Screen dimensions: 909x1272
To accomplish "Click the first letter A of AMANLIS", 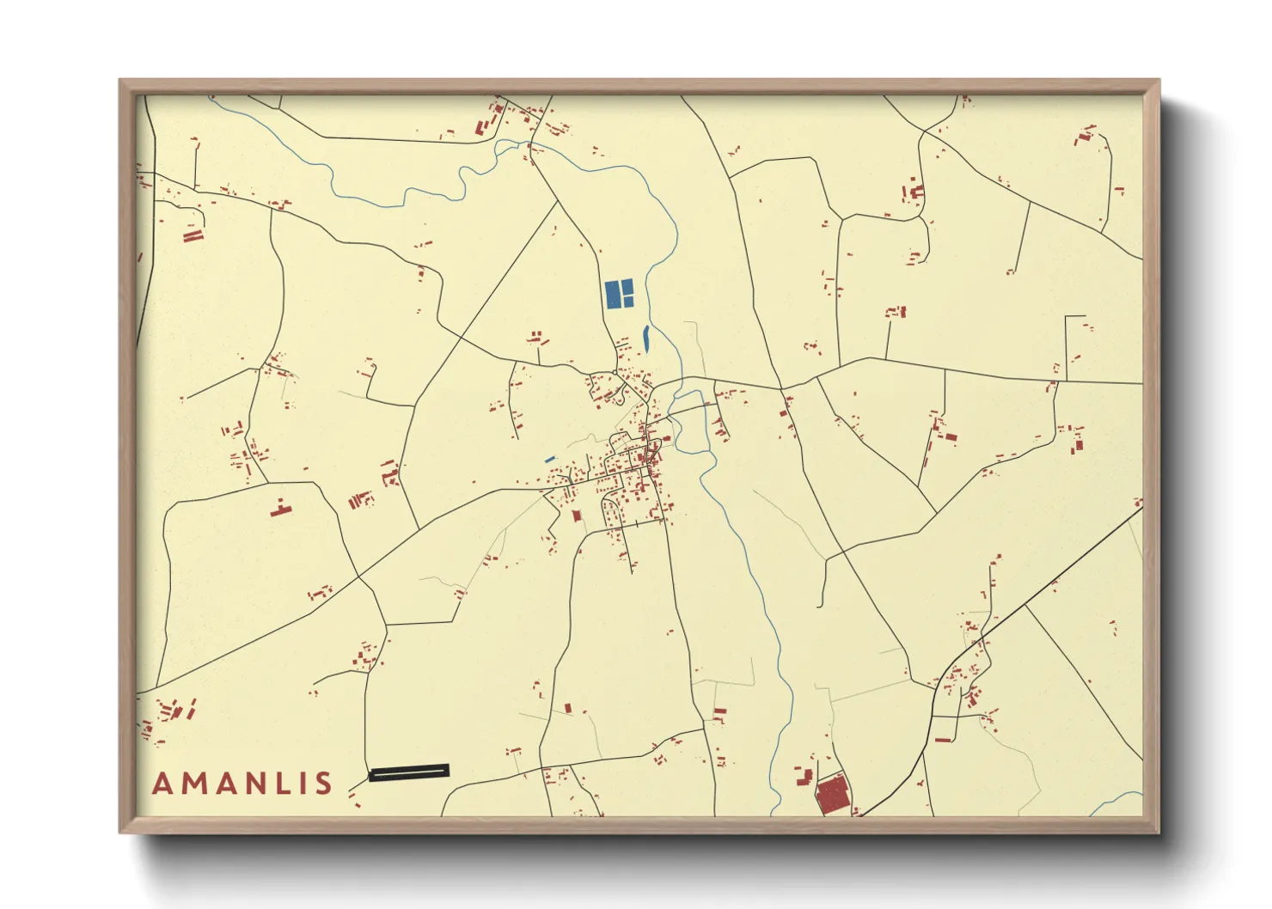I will pyautogui.click(x=162, y=784).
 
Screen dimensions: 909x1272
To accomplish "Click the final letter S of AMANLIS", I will pyautogui.click(x=323, y=784).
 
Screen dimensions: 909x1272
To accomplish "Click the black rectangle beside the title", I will pyautogui.click(x=409, y=772).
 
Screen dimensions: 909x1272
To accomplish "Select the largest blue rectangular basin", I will pyautogui.click(x=614, y=294).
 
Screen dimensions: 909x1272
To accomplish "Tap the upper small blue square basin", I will pyautogui.click(x=628, y=286).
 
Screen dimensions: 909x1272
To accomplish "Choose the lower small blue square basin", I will pyautogui.click(x=628, y=302).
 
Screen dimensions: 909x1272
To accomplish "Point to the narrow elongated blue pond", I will pyautogui.click(x=646, y=338).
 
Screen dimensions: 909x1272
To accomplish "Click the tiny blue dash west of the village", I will pyautogui.click(x=549, y=460).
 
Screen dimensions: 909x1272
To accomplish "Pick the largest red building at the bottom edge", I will pyautogui.click(x=832, y=796).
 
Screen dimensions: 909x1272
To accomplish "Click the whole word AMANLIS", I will pyautogui.click(x=242, y=784).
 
